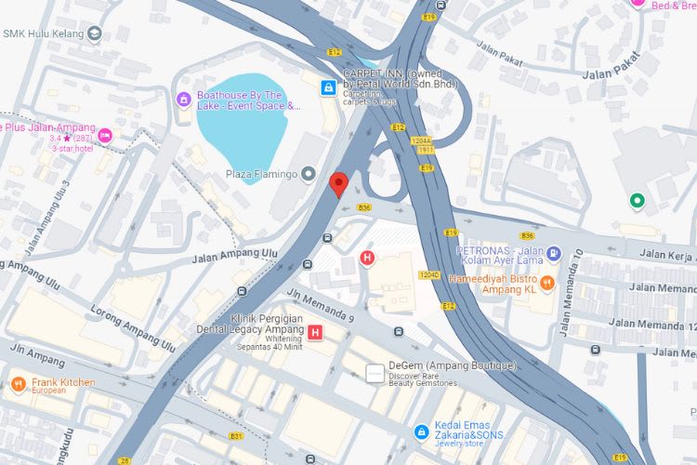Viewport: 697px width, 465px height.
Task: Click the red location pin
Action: pyautogui.click(x=339, y=184)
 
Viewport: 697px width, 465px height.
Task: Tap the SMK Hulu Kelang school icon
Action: pyautogui.click(x=94, y=34)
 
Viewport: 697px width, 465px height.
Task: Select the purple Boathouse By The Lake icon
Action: pyautogui.click(x=184, y=98)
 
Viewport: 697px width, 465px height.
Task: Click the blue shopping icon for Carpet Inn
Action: pyautogui.click(x=327, y=87)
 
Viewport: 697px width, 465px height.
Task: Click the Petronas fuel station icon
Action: pyautogui.click(x=554, y=252)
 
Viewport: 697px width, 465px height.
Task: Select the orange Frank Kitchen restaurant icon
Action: pyautogui.click(x=18, y=383)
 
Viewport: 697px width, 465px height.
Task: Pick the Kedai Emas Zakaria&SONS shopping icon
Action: pyautogui.click(x=421, y=432)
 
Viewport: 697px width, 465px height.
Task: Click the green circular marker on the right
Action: pyautogui.click(x=637, y=200)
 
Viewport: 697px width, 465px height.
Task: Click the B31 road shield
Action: pyautogui.click(x=236, y=436)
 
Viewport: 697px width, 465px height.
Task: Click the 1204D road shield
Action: pyautogui.click(x=429, y=275)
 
